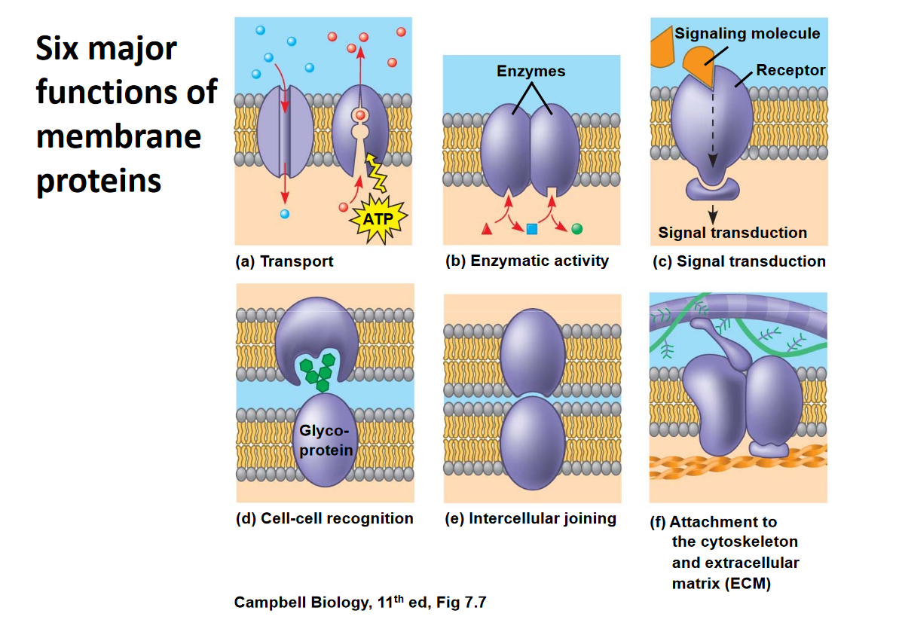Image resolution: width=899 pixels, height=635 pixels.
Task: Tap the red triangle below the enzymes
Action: tap(487, 227)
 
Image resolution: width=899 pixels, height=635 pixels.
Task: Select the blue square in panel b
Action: tap(531, 228)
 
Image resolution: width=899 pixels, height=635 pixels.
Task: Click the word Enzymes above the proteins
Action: tap(531, 72)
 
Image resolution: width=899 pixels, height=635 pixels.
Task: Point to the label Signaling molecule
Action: tap(747, 33)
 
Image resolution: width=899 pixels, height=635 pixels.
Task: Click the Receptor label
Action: tap(790, 71)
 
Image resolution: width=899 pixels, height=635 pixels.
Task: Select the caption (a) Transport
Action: tap(285, 262)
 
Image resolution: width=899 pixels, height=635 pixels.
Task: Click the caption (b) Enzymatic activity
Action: tap(527, 261)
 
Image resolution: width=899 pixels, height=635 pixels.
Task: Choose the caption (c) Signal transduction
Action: tap(738, 261)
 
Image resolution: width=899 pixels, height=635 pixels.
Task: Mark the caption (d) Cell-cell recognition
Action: tap(324, 518)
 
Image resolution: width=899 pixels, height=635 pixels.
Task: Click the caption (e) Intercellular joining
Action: tap(531, 518)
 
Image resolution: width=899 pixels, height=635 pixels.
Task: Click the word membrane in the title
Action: tap(119, 136)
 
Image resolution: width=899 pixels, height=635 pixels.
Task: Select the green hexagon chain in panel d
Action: tap(316, 369)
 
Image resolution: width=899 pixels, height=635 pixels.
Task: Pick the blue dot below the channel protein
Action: tap(284, 213)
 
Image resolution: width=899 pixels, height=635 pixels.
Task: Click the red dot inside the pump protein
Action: tap(361, 114)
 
